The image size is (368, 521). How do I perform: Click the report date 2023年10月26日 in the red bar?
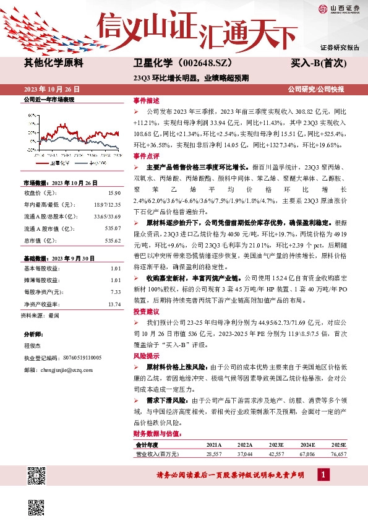coord(52,89)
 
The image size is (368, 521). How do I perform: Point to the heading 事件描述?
coord(146,100)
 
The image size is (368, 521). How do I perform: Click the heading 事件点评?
coord(146,157)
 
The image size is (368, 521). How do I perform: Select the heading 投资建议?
coord(146,312)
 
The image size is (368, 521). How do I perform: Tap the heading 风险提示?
coord(146,356)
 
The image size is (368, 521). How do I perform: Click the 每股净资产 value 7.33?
coord(115,292)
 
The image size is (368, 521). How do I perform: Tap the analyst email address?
coord(69,369)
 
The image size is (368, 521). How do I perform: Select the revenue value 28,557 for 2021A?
coord(213,454)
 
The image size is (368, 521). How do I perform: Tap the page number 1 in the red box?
coord(322,475)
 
